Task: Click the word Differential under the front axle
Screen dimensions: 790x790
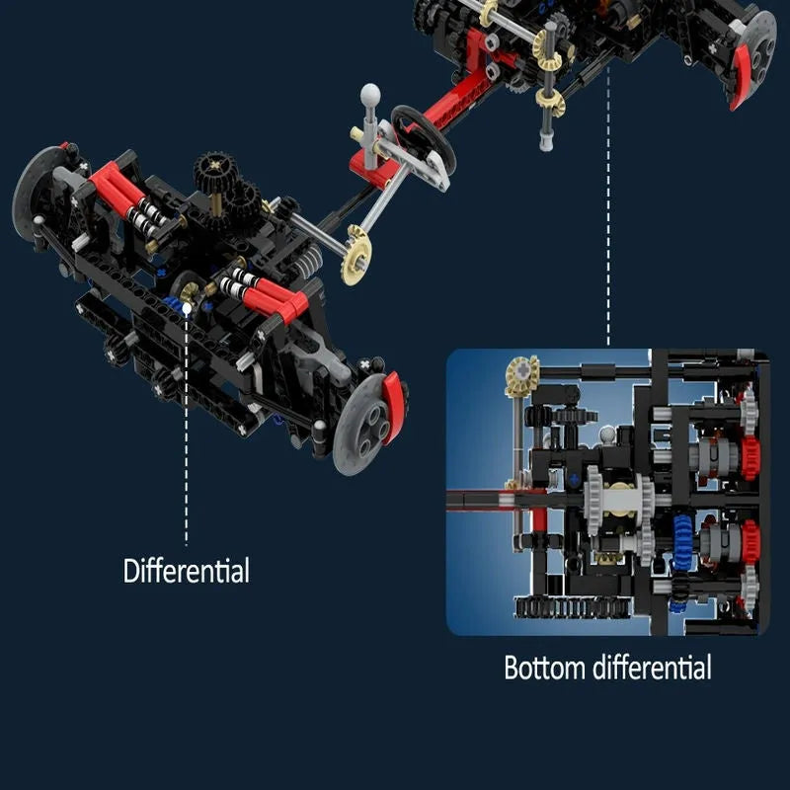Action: click(x=186, y=571)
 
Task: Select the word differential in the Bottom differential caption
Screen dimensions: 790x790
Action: click(x=652, y=668)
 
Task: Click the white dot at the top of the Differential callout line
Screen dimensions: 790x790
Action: click(x=187, y=307)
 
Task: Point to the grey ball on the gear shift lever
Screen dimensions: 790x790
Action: click(x=370, y=93)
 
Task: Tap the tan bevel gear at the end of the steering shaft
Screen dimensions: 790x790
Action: click(x=356, y=255)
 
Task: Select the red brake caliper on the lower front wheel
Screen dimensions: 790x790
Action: click(x=391, y=408)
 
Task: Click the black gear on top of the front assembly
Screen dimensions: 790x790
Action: click(x=215, y=169)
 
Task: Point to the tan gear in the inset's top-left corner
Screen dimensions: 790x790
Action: click(x=522, y=375)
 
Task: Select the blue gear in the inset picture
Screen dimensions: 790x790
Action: click(x=682, y=541)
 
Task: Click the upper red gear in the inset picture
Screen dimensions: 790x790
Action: click(x=750, y=457)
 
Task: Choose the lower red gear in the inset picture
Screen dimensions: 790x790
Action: click(x=750, y=540)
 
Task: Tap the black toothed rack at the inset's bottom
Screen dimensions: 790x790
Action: click(x=572, y=607)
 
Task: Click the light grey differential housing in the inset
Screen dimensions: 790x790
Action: click(x=619, y=499)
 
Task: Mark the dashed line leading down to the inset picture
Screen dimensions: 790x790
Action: click(x=608, y=205)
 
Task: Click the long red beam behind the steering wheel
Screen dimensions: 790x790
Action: click(x=453, y=99)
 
